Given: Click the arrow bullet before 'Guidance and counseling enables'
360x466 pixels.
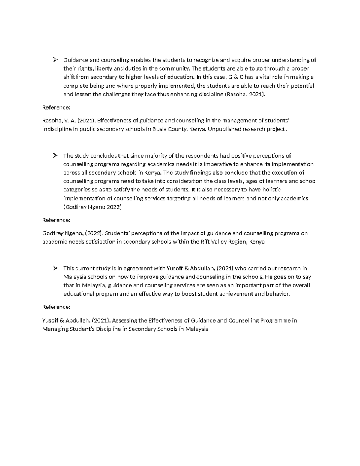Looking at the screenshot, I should [x=55, y=60].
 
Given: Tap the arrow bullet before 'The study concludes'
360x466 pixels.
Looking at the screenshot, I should [x=55, y=155].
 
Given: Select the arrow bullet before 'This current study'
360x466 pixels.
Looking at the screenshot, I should [x=55, y=268].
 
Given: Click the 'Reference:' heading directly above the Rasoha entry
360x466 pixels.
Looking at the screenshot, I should [x=56, y=107].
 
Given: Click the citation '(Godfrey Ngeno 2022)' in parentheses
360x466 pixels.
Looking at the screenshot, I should [x=93, y=207].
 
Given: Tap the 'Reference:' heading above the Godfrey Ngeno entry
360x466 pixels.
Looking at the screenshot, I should [x=56, y=220].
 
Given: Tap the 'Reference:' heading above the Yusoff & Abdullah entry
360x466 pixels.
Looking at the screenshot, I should [x=56, y=307].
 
